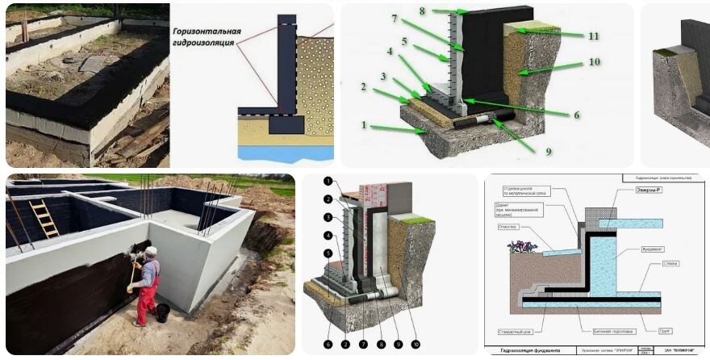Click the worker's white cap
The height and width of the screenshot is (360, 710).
(x=151, y=251)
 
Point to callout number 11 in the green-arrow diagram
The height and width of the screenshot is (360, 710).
(x=593, y=36)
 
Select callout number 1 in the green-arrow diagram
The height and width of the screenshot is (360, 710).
(x=364, y=126)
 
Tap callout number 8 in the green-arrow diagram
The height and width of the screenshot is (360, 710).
(x=445, y=11)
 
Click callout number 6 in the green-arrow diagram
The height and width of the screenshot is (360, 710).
(x=577, y=115)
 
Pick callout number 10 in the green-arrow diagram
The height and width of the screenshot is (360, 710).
(x=594, y=62)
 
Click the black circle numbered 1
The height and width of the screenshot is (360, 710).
(x=328, y=182)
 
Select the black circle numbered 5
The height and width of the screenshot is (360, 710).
(x=328, y=253)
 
